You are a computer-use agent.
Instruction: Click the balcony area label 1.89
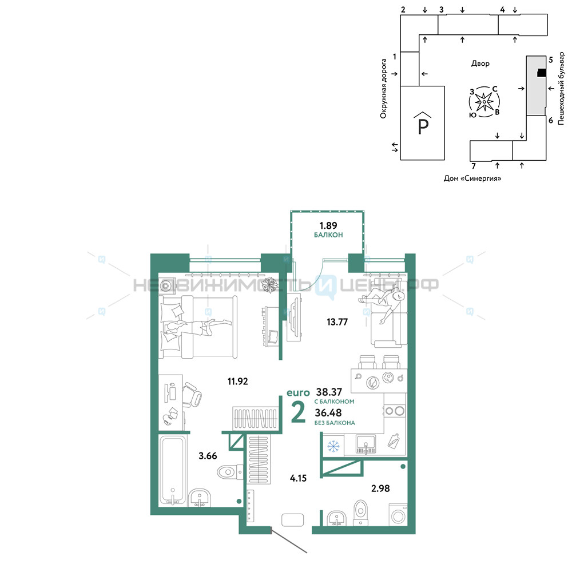[x=328, y=225]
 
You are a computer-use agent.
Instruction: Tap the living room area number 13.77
[x=337, y=321]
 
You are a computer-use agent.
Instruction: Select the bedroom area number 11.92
[x=237, y=381]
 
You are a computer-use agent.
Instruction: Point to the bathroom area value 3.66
[x=208, y=456]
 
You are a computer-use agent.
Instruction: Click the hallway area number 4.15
[x=298, y=478]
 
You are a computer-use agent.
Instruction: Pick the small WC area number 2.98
[x=380, y=488]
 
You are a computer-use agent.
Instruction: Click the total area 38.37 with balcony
[x=329, y=392]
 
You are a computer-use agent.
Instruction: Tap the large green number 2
[x=298, y=412]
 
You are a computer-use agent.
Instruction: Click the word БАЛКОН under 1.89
[x=328, y=235]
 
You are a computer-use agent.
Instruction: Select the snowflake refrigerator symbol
[x=333, y=446]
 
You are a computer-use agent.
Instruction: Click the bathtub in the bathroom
[x=173, y=471]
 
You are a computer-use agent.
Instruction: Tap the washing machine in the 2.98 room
[x=398, y=515]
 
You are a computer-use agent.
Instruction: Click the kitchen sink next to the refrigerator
[x=365, y=445]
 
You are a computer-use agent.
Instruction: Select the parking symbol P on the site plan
[x=423, y=124]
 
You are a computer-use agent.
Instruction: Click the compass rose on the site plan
[x=484, y=102]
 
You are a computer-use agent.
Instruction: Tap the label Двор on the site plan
[x=480, y=63]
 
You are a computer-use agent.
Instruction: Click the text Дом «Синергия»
[x=472, y=178]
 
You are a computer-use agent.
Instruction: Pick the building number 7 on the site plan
[x=474, y=166]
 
